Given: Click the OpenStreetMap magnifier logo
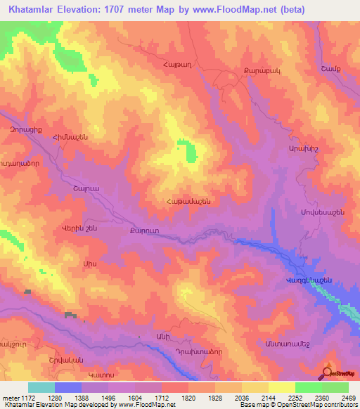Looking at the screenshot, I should (327, 373).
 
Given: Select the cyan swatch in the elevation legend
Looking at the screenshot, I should (41, 387).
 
